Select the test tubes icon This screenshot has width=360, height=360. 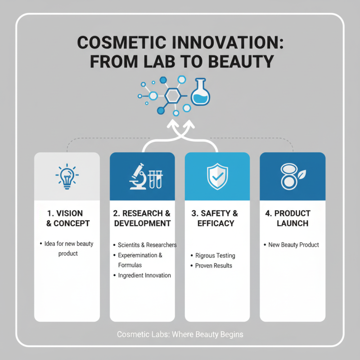(x=154, y=178)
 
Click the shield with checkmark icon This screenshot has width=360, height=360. (x=217, y=176)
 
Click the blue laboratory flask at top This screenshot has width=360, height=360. (x=200, y=93)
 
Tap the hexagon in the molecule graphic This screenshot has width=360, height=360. (x=172, y=95)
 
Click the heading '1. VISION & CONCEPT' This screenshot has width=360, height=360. (x=67, y=218)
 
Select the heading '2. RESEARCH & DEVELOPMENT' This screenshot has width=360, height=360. (x=142, y=218)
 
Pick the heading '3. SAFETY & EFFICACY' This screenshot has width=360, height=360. (x=217, y=218)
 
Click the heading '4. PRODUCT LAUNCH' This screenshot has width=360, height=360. (x=292, y=218)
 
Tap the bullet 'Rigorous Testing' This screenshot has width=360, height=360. (x=215, y=256)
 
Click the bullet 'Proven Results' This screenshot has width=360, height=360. (x=214, y=265)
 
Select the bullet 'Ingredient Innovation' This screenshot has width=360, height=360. (x=144, y=275)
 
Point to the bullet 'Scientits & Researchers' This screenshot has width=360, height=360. (x=147, y=245)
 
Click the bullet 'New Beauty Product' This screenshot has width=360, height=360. (x=293, y=245)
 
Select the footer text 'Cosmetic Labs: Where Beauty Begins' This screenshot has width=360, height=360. (x=180, y=334)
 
